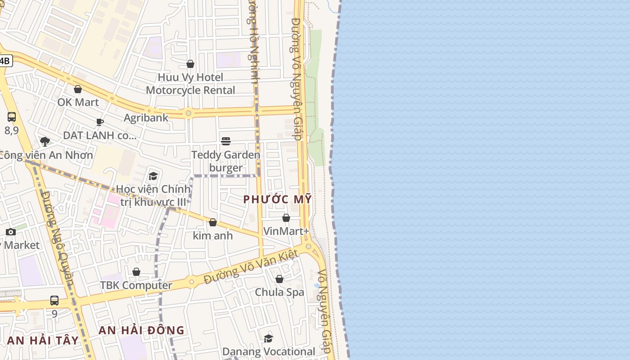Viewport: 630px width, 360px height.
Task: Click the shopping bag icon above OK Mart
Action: click(x=78, y=90)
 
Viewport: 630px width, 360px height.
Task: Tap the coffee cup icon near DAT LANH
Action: click(x=100, y=122)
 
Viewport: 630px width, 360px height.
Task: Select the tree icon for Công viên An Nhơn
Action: click(x=45, y=142)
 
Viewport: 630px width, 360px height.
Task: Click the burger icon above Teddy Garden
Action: click(x=226, y=142)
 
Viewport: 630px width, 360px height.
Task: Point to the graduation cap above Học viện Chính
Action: click(x=153, y=176)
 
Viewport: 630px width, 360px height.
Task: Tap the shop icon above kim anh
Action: click(x=213, y=222)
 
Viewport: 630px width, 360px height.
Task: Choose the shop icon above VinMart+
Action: click(x=286, y=218)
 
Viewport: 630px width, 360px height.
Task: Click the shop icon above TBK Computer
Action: click(x=136, y=272)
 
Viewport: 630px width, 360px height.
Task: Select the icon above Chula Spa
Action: click(x=279, y=279)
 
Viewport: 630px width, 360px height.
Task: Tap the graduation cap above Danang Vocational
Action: click(x=268, y=338)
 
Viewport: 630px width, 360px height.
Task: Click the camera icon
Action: click(x=11, y=232)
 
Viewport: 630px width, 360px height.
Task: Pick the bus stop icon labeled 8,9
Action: click(x=12, y=117)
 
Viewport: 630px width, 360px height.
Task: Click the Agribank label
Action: click(x=146, y=118)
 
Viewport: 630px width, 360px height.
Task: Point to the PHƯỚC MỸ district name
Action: click(x=277, y=199)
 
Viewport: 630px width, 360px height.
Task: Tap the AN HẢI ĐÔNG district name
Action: click(x=141, y=330)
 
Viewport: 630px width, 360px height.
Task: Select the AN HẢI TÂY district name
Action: click(x=43, y=341)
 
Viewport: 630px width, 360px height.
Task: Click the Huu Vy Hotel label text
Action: click(x=190, y=77)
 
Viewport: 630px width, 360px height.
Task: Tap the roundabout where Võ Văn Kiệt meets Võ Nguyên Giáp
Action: click(x=308, y=246)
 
